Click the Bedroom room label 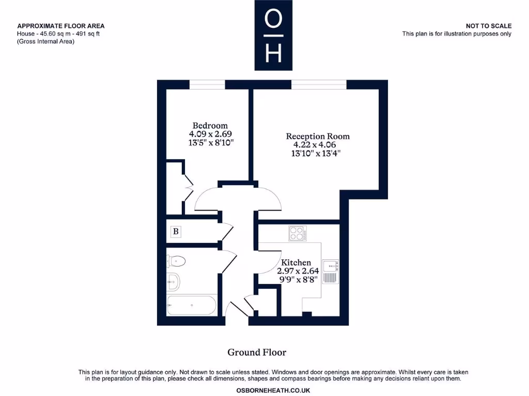coord(210,125)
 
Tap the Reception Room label coord(318,136)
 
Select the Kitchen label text coord(296,262)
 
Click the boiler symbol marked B coord(176,232)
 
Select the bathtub coord(191,305)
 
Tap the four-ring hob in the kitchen coord(298,234)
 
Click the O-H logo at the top coord(273,35)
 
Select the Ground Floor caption coord(257,352)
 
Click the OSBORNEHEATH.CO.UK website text coord(273,390)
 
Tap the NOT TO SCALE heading coord(488,26)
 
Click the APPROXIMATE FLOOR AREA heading coord(60,26)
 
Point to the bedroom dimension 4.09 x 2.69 coord(210,134)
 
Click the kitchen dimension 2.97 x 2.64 coord(298,271)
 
